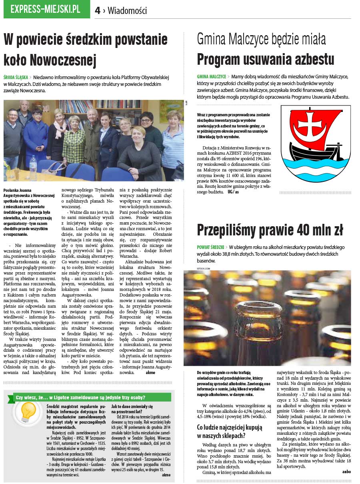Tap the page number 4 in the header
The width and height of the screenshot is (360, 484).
coord(98,11)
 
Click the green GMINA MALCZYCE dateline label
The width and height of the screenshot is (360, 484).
coord(212,76)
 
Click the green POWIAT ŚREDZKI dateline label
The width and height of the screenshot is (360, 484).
coord(210,247)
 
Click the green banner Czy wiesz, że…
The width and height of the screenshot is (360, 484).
coord(80,397)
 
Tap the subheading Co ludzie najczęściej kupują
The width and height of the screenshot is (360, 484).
coord(229,427)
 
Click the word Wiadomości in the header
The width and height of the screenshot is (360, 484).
coord(127,11)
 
